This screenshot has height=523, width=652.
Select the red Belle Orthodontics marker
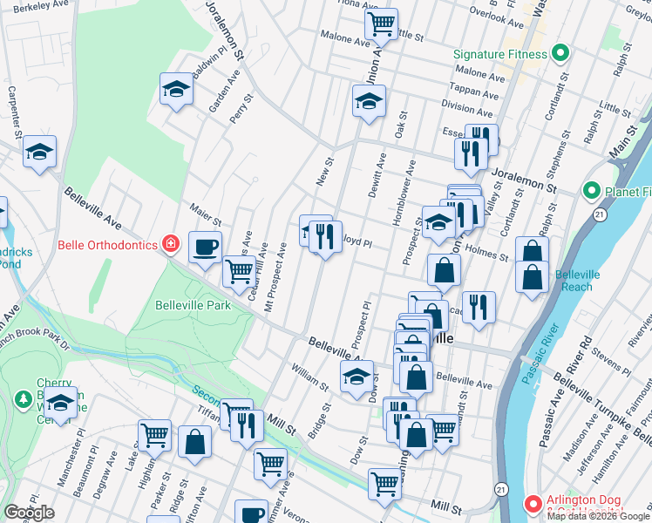coord(171,244)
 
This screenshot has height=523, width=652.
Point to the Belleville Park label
coord(193,305)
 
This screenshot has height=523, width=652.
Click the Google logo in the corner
coord(29,513)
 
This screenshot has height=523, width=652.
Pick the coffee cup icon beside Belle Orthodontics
coord(205,248)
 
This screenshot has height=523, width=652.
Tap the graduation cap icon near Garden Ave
coord(176,89)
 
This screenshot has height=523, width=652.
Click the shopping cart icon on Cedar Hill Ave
coord(239,272)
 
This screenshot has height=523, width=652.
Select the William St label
coord(309,375)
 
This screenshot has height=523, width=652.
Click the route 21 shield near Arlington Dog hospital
coord(501,490)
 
